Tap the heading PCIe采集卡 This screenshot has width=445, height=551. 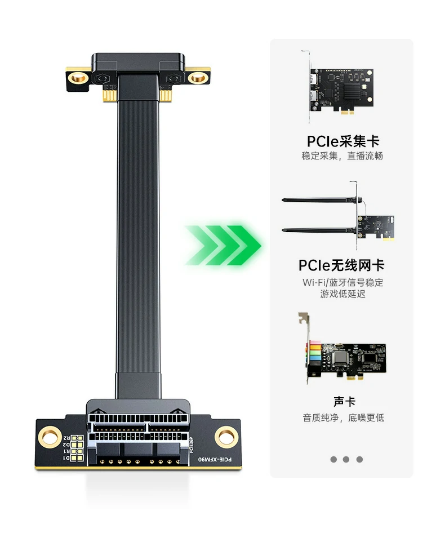coord(342,141)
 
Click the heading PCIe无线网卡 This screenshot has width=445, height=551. coord(342,265)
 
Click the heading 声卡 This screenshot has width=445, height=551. coord(344,402)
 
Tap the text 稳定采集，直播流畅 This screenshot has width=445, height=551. coord(342,155)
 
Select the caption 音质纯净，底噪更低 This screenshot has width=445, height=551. coord(343,417)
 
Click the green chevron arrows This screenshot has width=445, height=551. coord(223,245)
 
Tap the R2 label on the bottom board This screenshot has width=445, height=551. coord(66,437)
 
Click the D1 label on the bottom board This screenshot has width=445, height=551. coord(66,459)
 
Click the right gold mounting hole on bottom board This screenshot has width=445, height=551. coord(226,435)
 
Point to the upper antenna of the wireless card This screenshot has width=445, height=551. coord(318,200)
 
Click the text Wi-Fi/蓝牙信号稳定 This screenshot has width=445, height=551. coord(342,282)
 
